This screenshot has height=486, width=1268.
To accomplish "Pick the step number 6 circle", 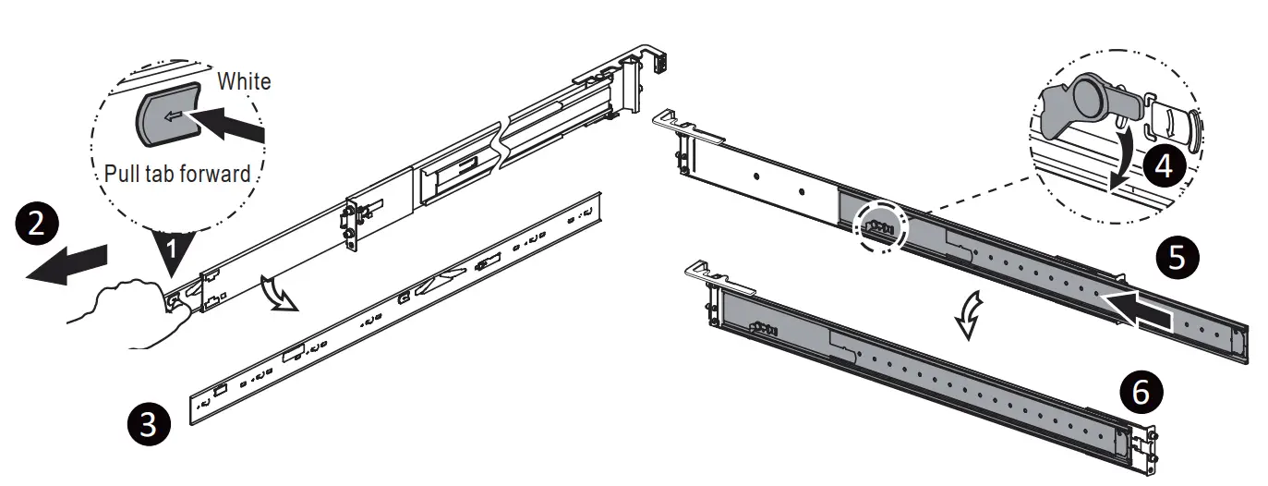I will pos(1141,392).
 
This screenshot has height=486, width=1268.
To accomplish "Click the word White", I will pos(244,81).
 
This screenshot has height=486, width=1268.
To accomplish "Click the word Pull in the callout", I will pos(123,173).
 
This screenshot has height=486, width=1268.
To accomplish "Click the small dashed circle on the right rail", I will pos(883,225).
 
